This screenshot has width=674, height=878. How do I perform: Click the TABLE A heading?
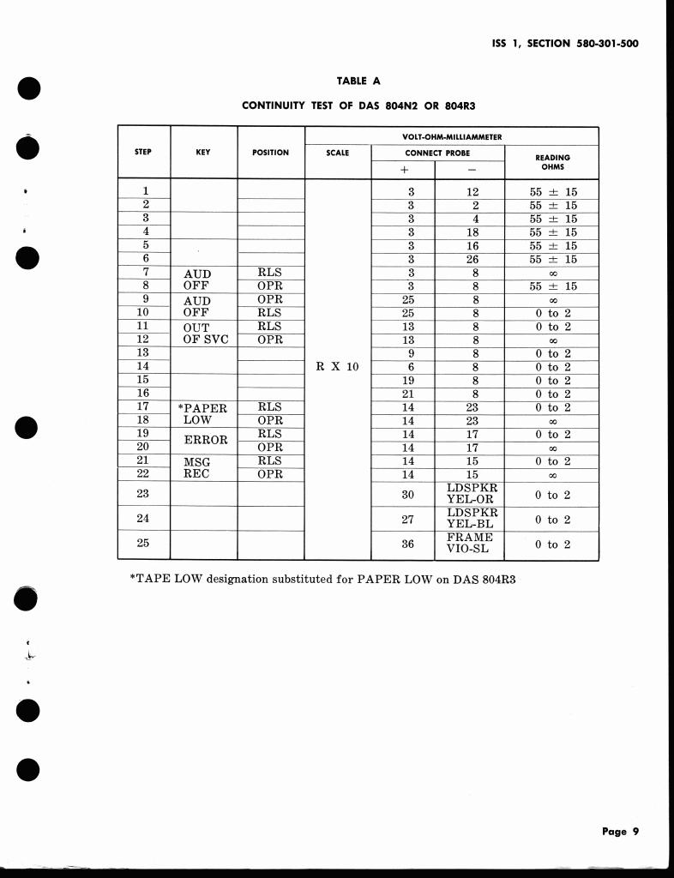click(x=358, y=81)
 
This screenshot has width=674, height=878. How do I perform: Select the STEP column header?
click(x=143, y=153)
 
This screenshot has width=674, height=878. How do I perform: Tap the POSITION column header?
click(x=271, y=153)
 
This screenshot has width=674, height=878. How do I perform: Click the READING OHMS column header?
click(x=552, y=162)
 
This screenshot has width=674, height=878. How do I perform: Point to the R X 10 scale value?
click(x=338, y=366)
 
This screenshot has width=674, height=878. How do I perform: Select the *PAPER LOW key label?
click(x=204, y=414)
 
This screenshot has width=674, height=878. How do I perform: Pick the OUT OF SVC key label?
click(x=204, y=333)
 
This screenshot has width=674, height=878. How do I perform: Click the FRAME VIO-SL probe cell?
click(x=472, y=544)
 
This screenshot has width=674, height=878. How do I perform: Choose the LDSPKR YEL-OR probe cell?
click(x=472, y=494)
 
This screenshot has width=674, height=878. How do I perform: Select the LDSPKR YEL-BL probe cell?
click(x=472, y=519)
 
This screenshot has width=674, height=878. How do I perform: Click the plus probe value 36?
click(x=408, y=544)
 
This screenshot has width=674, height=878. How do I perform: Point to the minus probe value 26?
click(x=472, y=259)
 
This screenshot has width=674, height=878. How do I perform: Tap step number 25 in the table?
click(x=143, y=544)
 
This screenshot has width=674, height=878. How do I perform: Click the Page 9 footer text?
click(x=620, y=831)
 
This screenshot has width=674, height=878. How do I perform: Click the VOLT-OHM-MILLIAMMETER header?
click(x=451, y=136)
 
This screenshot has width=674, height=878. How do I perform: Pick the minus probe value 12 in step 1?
click(x=472, y=192)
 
